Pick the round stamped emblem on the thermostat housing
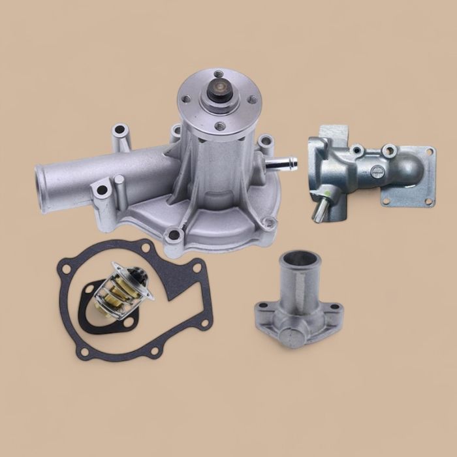(377, 172)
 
